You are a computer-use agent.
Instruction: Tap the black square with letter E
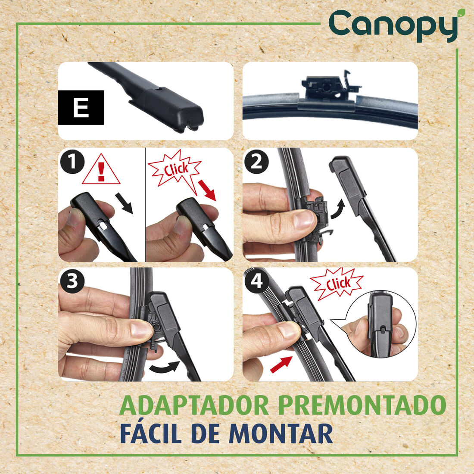tap(81, 107)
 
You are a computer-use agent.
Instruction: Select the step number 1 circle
tap(72, 162)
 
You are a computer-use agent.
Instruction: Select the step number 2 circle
tap(256, 162)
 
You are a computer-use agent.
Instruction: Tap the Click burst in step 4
tap(337, 284)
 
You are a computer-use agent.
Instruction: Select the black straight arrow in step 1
tap(124, 203)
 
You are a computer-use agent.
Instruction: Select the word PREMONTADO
tap(362, 405)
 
